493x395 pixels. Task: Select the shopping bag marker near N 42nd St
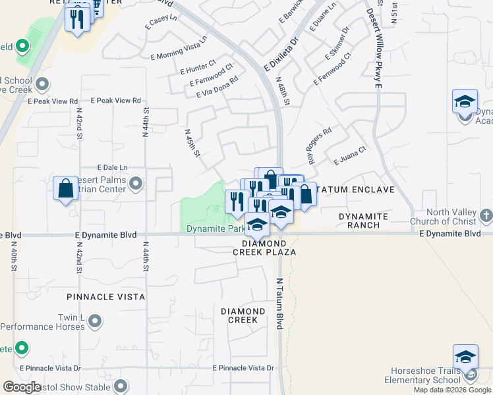pyautogui.click(x=66, y=190)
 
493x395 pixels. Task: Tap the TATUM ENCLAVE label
pyautogui.click(x=356, y=190)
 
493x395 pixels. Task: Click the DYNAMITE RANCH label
pyautogui.click(x=362, y=221)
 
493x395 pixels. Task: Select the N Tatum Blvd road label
pyautogui.click(x=279, y=303)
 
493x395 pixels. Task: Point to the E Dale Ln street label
pyautogui.click(x=112, y=168)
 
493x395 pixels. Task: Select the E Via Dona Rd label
pyautogui.click(x=216, y=87)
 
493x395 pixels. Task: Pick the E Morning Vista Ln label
pyautogui.click(x=179, y=57)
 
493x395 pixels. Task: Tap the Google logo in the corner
pyautogui.click(x=22, y=387)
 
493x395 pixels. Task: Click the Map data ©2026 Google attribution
pyautogui.click(x=453, y=390)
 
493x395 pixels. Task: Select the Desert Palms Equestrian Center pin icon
pyautogui.click(x=136, y=183)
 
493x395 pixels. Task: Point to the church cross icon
pyautogui.click(x=485, y=215)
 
